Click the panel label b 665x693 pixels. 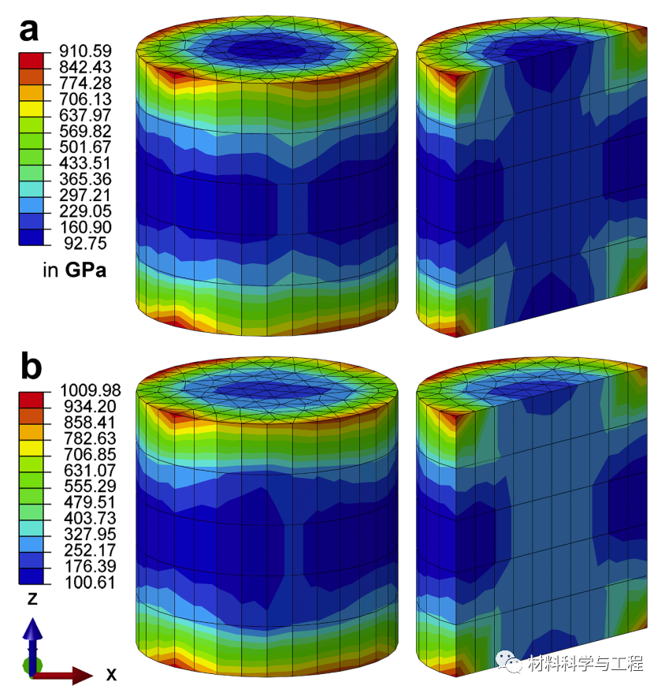[31, 367]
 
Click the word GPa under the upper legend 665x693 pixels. [86, 270]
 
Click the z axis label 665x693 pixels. [32, 599]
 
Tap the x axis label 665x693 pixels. [112, 675]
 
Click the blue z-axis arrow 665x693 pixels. [32, 635]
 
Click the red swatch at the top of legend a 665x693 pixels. [28, 58]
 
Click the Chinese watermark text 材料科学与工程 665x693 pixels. [586, 664]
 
